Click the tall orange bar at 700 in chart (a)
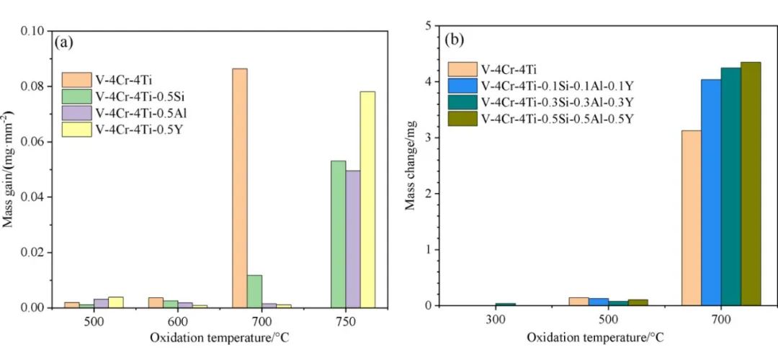[x=240, y=188]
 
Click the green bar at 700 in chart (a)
[x=254, y=291]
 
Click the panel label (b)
[x=455, y=41]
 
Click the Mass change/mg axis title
[x=411, y=165]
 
